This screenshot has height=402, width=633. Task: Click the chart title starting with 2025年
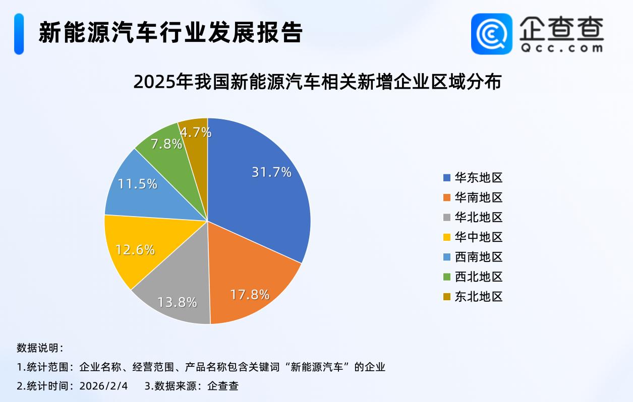317,82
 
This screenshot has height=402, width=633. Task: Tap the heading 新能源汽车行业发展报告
170,33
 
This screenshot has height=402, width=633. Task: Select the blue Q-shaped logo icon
491,33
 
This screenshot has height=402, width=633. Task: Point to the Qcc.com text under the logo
561,48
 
